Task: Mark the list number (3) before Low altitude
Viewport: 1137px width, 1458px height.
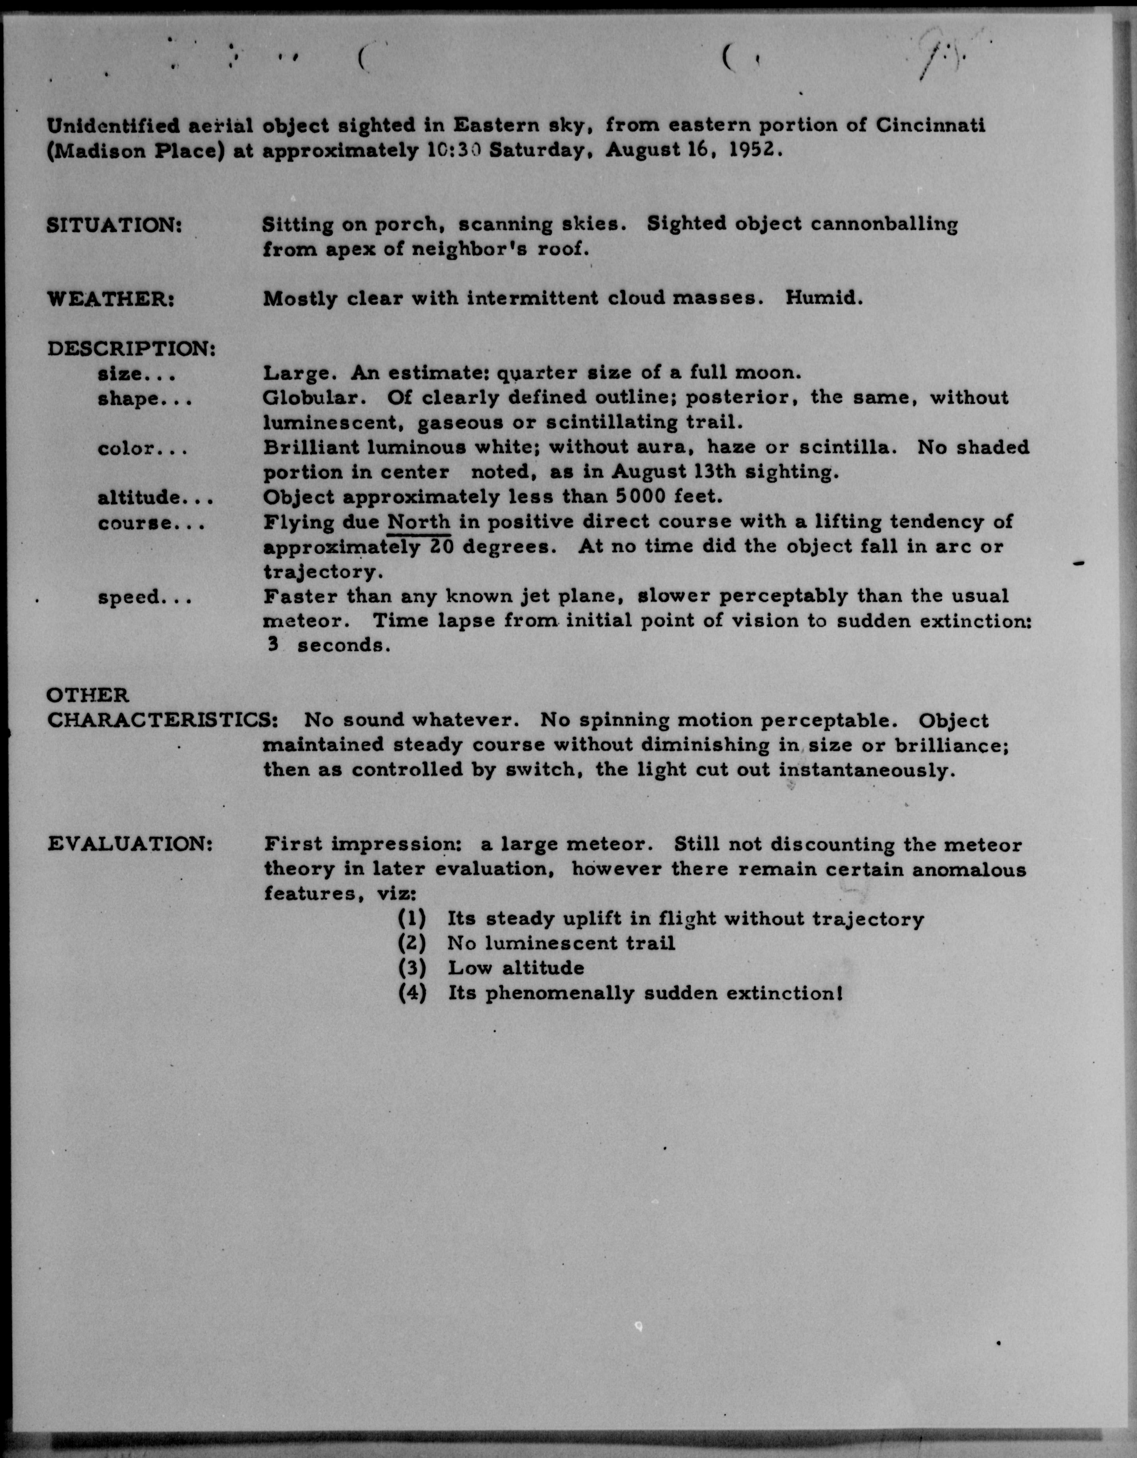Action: tap(412, 968)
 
